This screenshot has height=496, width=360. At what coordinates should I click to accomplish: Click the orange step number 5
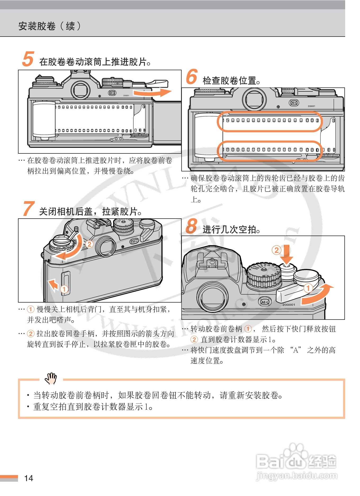point(28,59)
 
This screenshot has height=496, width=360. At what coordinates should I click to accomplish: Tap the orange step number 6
point(192,77)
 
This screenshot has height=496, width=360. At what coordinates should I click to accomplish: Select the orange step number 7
point(29,209)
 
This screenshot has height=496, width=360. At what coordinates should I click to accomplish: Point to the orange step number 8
point(192,226)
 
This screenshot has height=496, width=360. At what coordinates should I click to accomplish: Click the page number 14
point(29,478)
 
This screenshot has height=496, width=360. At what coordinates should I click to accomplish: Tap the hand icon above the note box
point(51,378)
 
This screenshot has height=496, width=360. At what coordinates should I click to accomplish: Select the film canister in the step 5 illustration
point(44,119)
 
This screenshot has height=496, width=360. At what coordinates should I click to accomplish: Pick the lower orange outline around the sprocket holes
point(269,151)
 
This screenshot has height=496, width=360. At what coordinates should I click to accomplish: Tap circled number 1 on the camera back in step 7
point(64,289)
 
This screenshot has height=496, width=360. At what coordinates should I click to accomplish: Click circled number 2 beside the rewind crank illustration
point(89,244)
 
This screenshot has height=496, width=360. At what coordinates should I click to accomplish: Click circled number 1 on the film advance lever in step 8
point(308,288)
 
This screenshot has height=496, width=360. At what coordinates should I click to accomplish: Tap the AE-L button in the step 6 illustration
point(294,103)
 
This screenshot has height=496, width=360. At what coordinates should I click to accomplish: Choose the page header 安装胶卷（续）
point(49,26)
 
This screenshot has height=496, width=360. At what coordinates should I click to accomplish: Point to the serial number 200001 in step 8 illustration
point(289,305)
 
